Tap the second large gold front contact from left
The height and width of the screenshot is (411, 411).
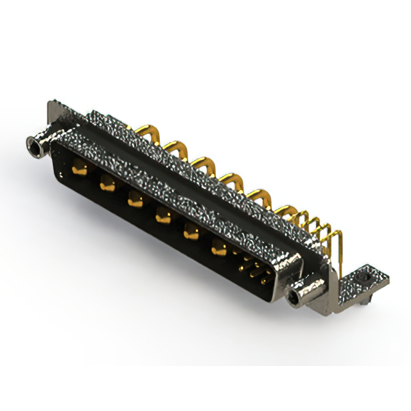(x=107, y=185)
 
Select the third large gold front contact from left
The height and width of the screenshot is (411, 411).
(x=134, y=200)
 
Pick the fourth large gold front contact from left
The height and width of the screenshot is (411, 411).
(x=162, y=217)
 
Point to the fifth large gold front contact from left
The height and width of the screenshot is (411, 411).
(x=190, y=232)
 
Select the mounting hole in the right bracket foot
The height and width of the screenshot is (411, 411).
(x=367, y=277)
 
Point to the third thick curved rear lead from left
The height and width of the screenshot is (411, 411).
(x=202, y=163)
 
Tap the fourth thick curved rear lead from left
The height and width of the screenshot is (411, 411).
(x=230, y=179)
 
